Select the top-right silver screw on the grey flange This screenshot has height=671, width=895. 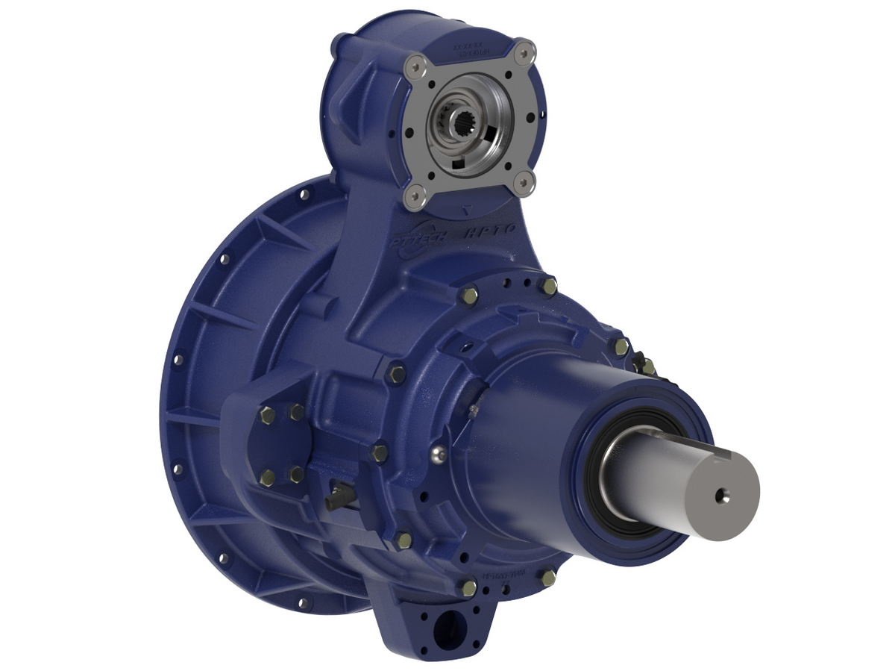click(525, 52)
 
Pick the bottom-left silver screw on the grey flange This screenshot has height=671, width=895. click(412, 196)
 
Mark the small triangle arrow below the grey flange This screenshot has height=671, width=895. click(467, 210)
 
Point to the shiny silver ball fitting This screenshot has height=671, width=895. click(442, 452)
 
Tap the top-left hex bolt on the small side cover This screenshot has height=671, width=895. click(267, 416)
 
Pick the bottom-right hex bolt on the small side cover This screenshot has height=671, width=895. click(297, 475)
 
